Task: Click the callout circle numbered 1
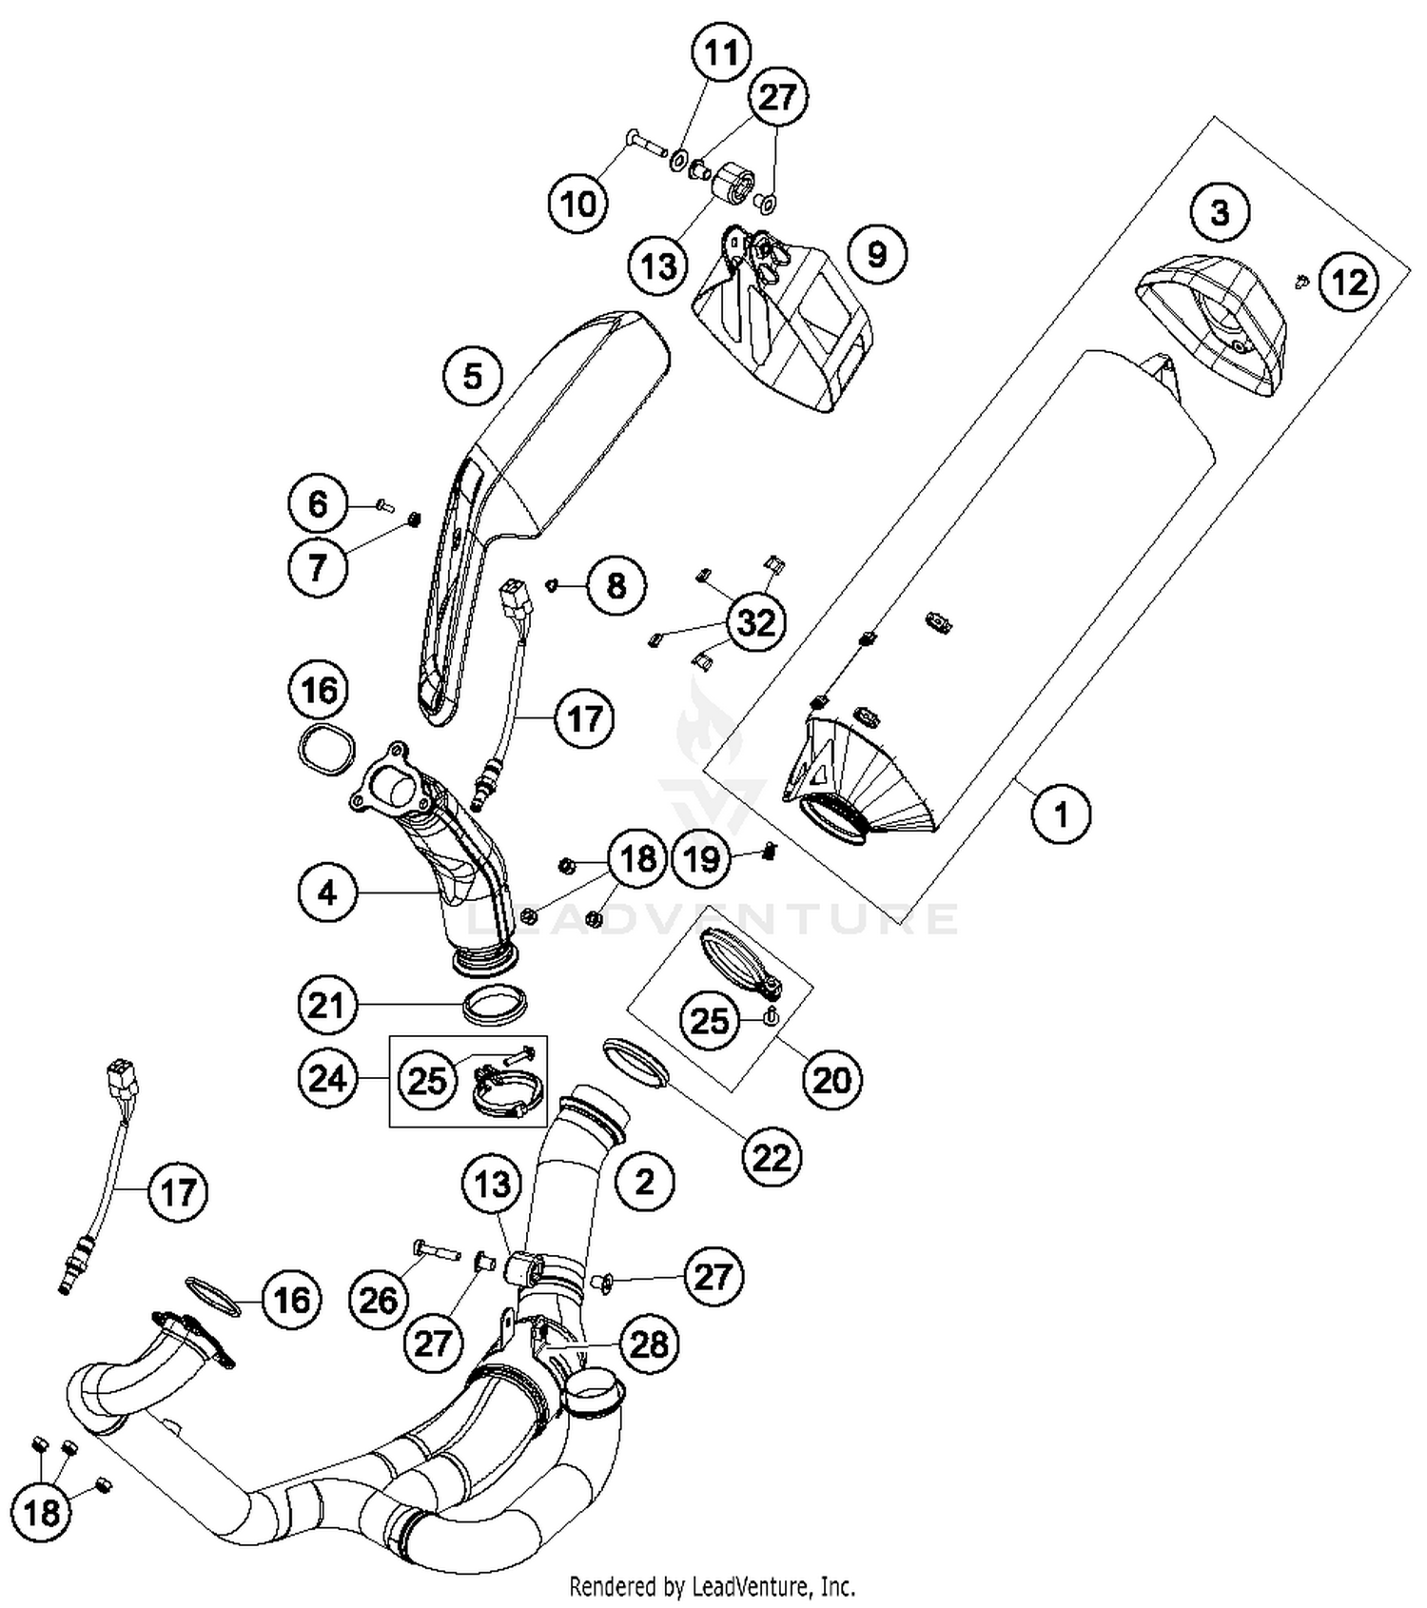point(1061,814)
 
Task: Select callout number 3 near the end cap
point(1220,211)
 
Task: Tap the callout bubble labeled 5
point(473,376)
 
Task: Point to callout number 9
point(876,254)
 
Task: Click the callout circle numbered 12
point(1349,282)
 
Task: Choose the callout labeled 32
point(756,622)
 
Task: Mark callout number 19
point(702,859)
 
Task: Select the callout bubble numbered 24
point(326,1079)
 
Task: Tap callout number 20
point(831,1079)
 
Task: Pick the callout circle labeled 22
point(772,1157)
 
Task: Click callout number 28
point(650,1343)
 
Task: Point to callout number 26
point(378,1299)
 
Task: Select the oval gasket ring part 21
point(494,1004)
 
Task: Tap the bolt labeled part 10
point(647,145)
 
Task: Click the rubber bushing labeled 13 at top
point(734,183)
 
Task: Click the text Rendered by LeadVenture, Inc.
point(712,1586)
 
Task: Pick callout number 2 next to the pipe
point(644,1182)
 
